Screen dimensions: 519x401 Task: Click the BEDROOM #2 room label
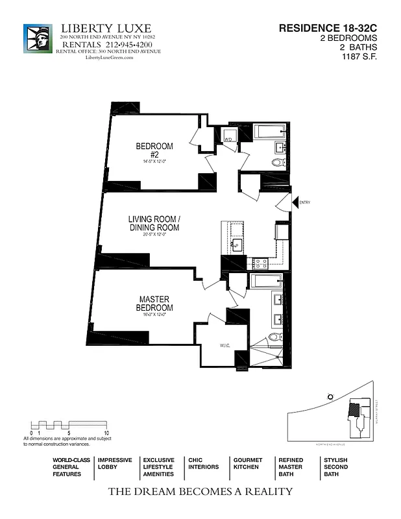[154, 150]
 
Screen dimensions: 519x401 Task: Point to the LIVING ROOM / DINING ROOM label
[154, 224]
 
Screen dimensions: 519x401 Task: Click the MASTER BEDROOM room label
[156, 303]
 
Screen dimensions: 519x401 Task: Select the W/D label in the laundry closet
[228, 139]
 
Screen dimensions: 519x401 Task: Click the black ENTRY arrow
[295, 203]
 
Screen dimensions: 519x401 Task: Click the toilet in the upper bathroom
[278, 162]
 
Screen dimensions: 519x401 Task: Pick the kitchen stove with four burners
[260, 263]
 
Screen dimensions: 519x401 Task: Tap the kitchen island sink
[237, 245]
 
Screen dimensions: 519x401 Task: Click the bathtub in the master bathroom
[266, 281]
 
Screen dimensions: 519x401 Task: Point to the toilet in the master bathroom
[275, 337]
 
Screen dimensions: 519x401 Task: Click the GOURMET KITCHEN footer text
[247, 463]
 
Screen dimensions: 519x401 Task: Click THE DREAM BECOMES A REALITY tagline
[200, 491]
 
